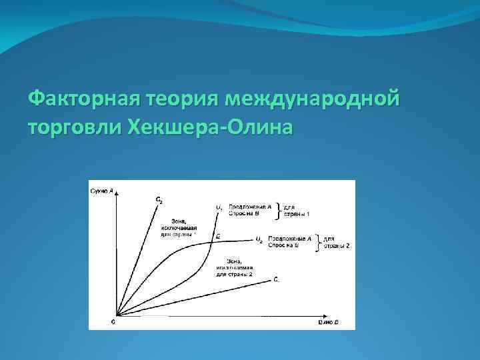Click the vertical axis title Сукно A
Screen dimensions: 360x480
[x=101, y=192]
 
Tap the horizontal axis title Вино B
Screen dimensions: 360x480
[x=329, y=322]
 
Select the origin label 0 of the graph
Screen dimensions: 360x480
[x=113, y=321]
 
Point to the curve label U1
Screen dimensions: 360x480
[x=219, y=207]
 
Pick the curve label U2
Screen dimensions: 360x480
[x=259, y=239]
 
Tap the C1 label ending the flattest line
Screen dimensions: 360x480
[x=277, y=280]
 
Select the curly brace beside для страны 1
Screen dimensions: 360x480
[x=279, y=211]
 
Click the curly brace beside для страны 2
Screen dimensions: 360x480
[x=318, y=242]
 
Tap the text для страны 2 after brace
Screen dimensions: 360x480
[x=336, y=242]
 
